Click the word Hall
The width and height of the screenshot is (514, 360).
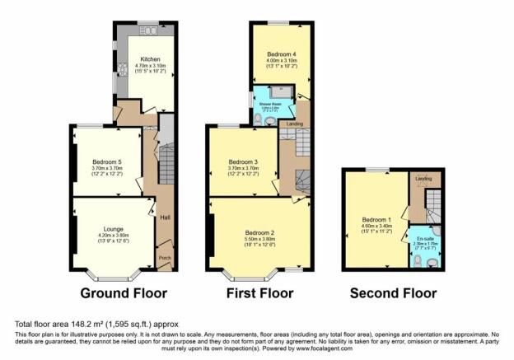[165, 218]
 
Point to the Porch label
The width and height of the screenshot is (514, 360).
[165, 259]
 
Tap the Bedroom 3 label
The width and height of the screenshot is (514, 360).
[243, 161]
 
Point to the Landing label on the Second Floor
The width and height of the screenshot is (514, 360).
[423, 179]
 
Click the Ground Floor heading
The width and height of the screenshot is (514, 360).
[124, 293]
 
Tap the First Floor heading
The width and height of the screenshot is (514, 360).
[259, 293]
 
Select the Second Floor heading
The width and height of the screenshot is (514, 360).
[393, 293]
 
